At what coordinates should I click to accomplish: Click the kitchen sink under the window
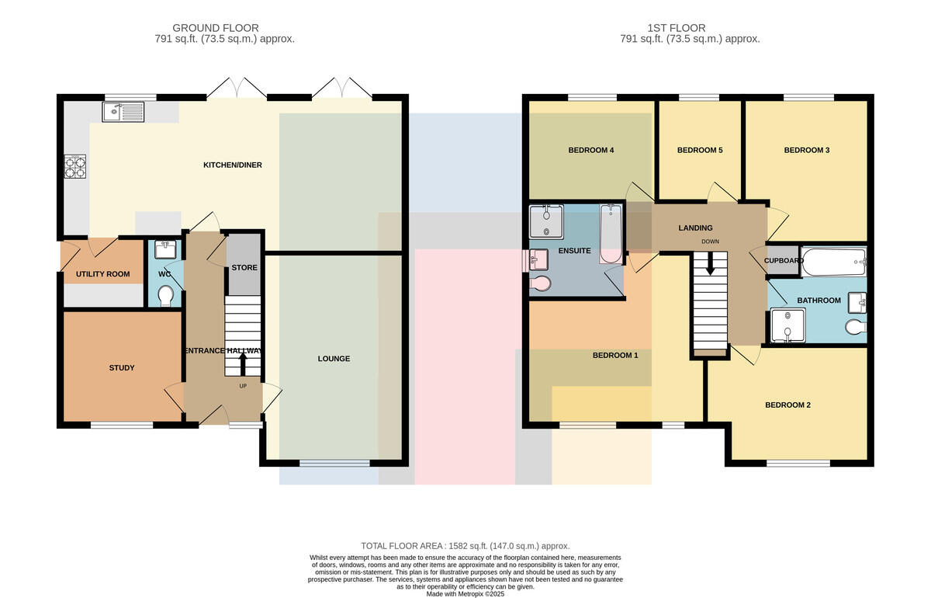[123, 112]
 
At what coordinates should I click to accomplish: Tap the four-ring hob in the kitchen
[75, 166]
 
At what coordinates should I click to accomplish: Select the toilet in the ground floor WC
[166, 295]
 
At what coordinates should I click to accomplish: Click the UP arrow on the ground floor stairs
[243, 364]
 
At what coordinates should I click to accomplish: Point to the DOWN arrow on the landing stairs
[710, 263]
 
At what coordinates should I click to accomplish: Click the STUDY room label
[122, 368]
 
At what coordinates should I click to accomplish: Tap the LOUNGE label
[334, 359]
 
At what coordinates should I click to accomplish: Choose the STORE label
[244, 268]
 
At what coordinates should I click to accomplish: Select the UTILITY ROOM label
[102, 274]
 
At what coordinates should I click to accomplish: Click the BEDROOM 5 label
[700, 150]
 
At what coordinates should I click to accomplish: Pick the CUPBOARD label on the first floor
[784, 261]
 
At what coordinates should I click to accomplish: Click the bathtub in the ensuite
[611, 234]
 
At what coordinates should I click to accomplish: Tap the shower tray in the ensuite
[546, 222]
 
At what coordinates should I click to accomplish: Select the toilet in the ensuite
[540, 283]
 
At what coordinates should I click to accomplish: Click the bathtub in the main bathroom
[834, 262]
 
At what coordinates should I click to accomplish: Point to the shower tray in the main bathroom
[787, 325]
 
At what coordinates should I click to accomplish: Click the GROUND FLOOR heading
[216, 28]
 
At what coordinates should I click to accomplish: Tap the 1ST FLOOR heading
[677, 28]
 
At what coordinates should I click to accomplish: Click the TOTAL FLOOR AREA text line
[465, 546]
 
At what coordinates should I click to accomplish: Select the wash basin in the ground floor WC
[165, 249]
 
